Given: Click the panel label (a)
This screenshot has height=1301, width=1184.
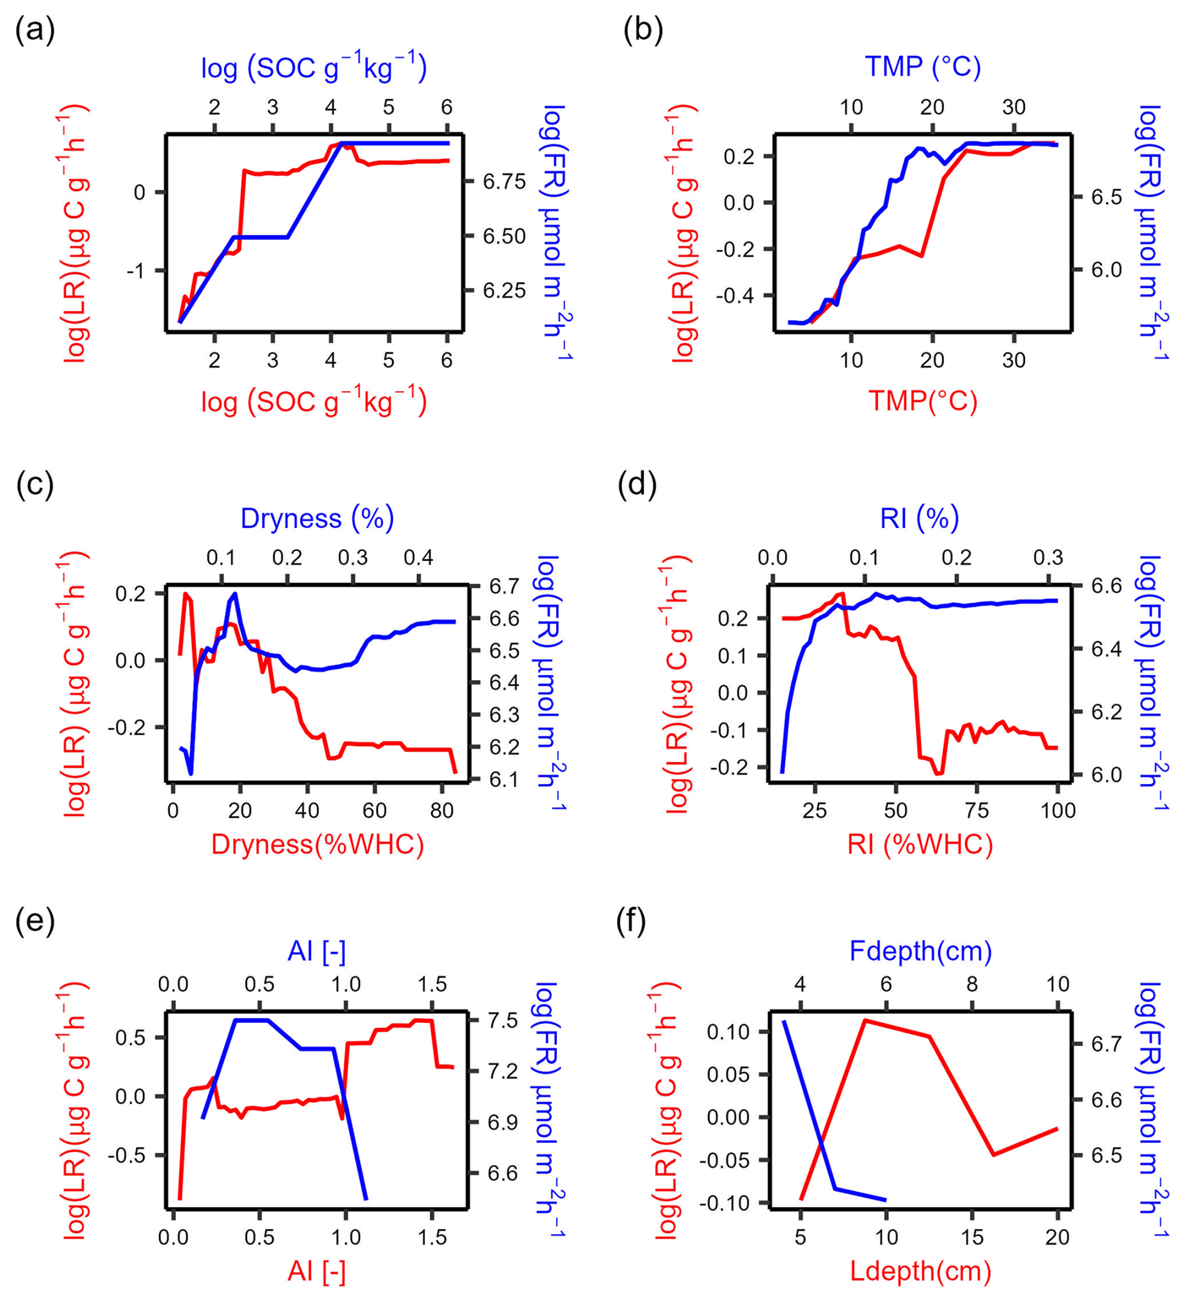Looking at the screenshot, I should pos(35,30).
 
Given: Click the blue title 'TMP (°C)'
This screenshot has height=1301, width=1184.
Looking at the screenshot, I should pos(922,67).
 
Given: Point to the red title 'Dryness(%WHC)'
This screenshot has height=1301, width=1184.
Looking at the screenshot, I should pos(317,844).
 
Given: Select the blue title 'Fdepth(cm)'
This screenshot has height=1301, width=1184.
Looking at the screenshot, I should pos(920,951).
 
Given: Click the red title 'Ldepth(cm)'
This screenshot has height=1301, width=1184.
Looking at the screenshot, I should pos(920,1272).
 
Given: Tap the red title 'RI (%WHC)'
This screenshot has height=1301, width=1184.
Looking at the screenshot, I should pos(920,844).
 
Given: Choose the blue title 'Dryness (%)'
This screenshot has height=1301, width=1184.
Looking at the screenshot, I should pos(317,518).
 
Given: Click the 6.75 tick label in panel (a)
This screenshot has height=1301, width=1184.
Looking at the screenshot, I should pos(504,182).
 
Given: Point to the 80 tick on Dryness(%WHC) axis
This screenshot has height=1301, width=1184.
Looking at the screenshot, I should pos(441,810).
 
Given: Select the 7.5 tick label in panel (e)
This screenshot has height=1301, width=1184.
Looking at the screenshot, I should pos(503,1020).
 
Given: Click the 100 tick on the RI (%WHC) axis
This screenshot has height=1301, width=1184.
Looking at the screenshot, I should pos(1058,810).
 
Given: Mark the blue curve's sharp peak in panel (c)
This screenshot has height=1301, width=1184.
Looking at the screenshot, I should pos(235,594).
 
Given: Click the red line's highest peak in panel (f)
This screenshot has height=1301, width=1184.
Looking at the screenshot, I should pos(864,1020).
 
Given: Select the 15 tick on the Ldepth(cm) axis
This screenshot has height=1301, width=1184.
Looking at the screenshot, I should pos(972,1237).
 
